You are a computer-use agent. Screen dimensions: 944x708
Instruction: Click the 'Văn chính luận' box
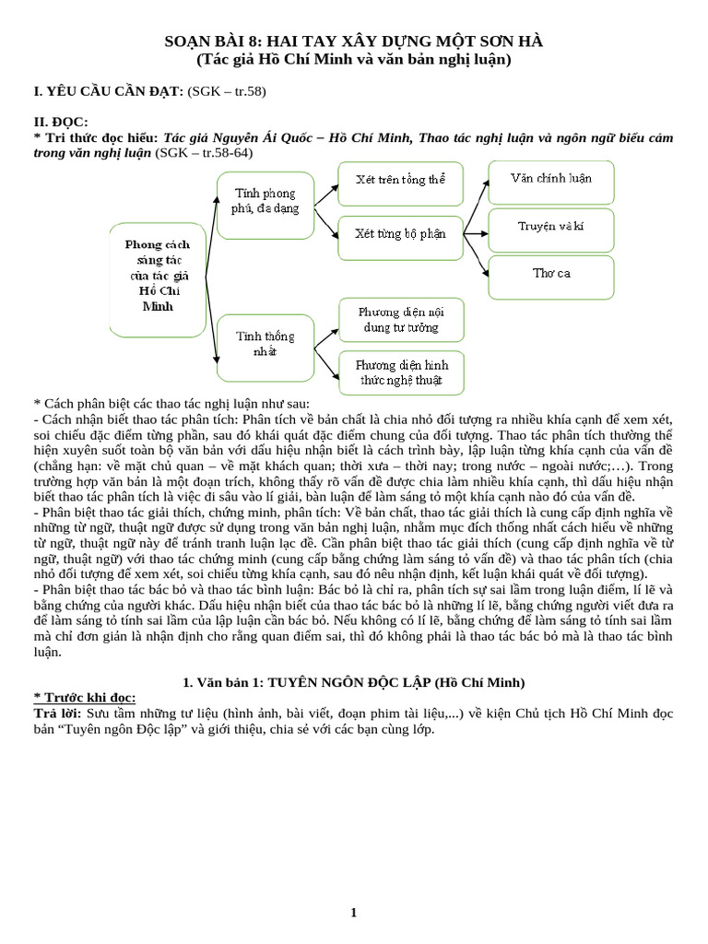coord(551,179)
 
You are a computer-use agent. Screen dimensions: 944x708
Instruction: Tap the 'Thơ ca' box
coord(551,275)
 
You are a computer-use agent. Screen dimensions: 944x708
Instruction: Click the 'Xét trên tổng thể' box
coord(400,180)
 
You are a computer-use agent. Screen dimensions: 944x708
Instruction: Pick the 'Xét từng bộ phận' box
coord(400,234)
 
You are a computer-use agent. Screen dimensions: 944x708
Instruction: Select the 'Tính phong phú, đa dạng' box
coord(265,200)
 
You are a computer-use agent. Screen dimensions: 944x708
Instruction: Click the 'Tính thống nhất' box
coord(265,343)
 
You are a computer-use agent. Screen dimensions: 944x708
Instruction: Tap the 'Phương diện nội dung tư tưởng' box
coord(400,320)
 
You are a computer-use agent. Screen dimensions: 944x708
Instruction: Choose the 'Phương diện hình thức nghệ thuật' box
coord(400,372)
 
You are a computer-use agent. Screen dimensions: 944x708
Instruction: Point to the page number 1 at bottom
coord(353,913)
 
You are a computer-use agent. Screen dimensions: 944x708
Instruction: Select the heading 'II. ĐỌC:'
coord(61,122)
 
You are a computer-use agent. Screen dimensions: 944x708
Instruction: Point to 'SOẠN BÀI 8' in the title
coord(212,41)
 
